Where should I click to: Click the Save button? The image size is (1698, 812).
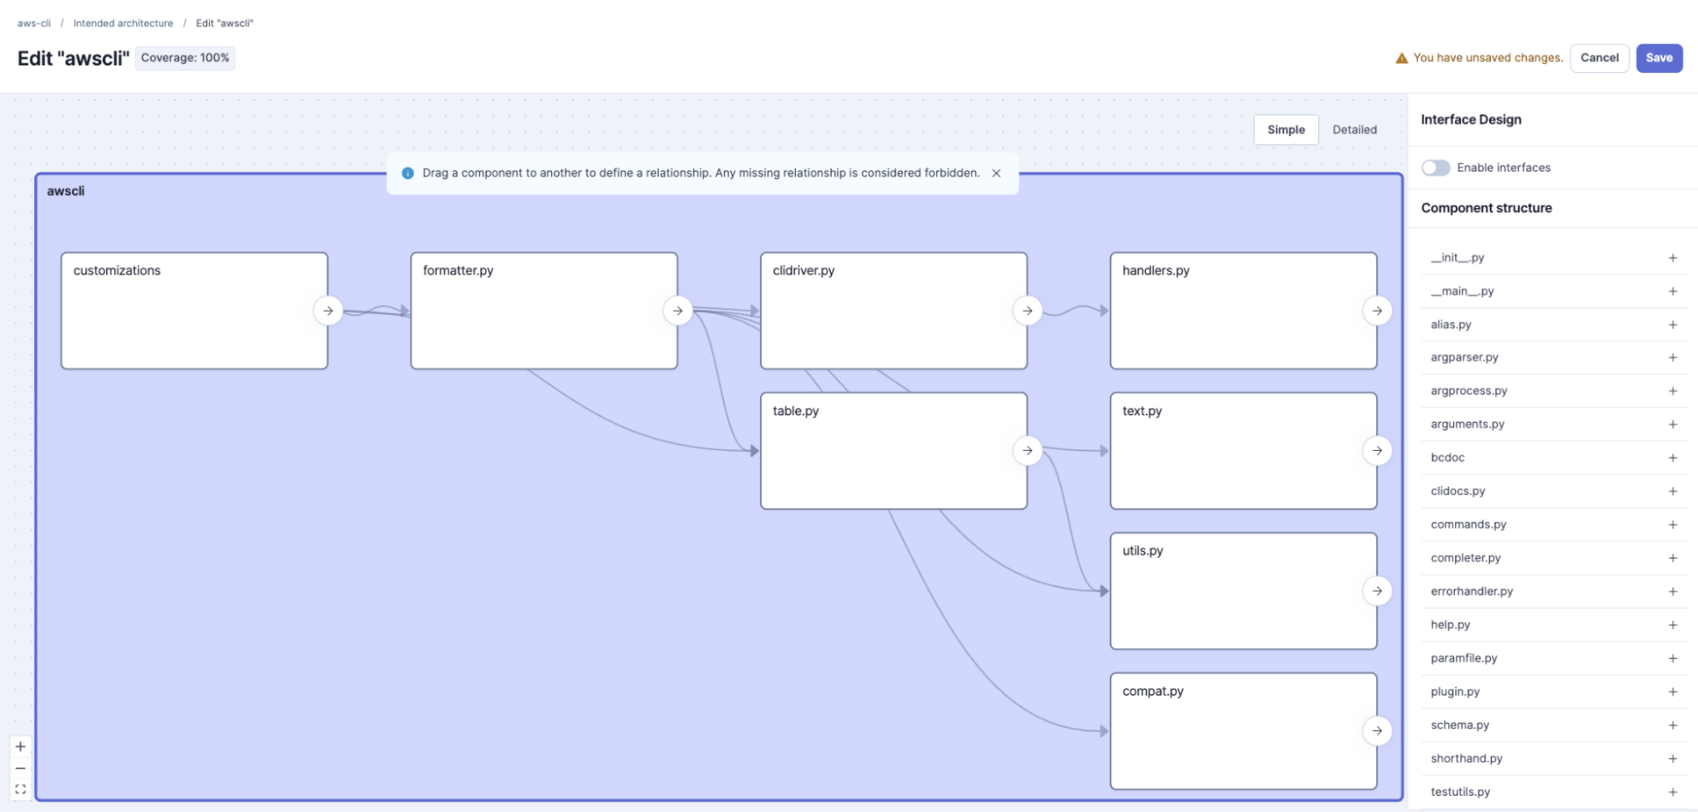coord(1659,58)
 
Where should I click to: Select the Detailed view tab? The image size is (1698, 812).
coord(1354,130)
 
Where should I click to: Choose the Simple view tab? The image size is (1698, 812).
coord(1286,130)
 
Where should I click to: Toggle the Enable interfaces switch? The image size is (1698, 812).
coord(1436,167)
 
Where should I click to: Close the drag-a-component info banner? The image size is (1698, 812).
coord(996,173)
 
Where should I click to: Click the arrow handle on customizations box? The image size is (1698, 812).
coord(328,311)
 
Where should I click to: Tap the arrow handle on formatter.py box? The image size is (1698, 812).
coord(678,311)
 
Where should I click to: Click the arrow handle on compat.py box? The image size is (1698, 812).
coord(1377,730)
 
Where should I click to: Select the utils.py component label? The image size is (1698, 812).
coord(1142,550)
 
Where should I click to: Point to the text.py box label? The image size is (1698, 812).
coord(1142,411)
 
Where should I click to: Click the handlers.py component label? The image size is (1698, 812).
coord(1155,270)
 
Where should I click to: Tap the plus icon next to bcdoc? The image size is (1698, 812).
coord(1673,458)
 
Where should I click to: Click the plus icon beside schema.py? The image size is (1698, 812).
coord(1673,725)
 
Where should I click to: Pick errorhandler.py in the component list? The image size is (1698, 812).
coord(1471,591)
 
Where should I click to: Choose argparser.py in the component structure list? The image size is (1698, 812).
coord(1464,358)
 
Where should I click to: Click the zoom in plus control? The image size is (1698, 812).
coord(20,747)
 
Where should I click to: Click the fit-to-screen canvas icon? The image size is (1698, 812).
coord(20,789)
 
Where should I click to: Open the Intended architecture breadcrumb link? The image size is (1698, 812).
coord(123,23)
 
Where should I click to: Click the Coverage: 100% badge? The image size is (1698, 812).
coord(185,58)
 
